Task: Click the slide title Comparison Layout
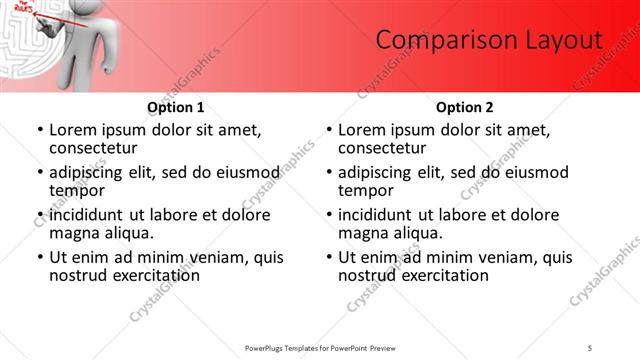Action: click(489, 40)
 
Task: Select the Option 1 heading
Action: click(175, 107)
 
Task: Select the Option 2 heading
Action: click(464, 107)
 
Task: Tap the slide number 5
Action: click(591, 347)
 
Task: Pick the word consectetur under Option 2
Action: click(383, 148)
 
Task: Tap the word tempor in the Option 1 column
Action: click(77, 190)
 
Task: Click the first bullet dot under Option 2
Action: click(329, 131)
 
